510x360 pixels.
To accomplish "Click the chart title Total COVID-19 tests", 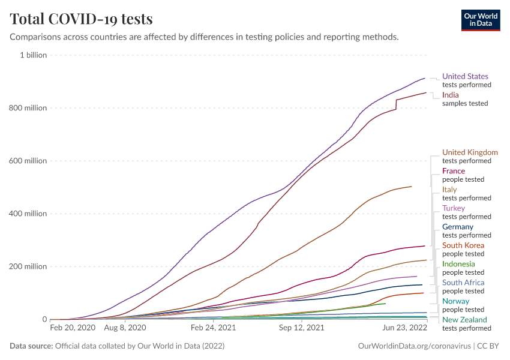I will [81, 19].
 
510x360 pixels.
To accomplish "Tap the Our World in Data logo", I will [481, 20].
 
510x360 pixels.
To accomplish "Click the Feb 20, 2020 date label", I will [73, 328].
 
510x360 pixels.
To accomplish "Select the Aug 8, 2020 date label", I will [125, 328].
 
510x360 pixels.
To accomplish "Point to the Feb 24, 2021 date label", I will [212, 328].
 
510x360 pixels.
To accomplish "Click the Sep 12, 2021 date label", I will [302, 328].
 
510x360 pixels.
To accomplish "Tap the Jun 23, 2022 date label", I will [404, 328].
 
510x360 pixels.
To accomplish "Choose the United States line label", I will [465, 76].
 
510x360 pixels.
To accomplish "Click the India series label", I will [450, 95].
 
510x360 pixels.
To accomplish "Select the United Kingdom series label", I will [470, 152].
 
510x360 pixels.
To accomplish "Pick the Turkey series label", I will [453, 208].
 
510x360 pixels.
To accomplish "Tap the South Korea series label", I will [463, 245].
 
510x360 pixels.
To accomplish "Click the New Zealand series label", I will [464, 320].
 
